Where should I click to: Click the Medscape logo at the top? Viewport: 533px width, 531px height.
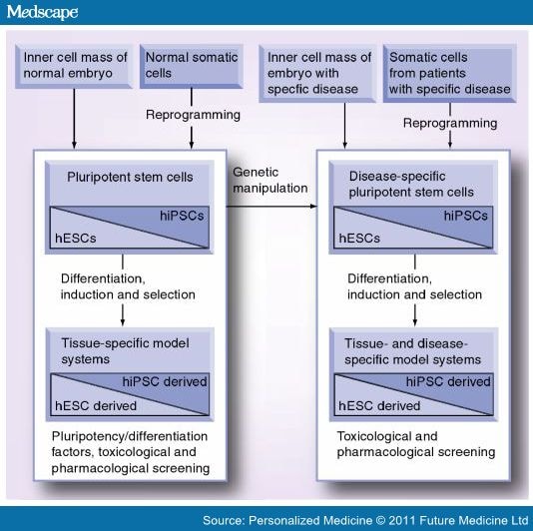(41, 13)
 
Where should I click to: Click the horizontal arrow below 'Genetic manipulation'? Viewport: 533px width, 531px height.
(269, 206)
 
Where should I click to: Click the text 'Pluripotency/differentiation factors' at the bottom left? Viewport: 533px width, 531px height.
(128, 436)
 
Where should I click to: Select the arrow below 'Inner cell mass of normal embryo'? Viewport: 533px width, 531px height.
(75, 118)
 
